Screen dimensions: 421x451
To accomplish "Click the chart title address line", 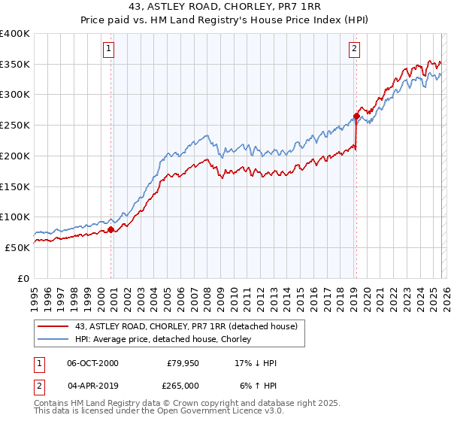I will click(225, 6).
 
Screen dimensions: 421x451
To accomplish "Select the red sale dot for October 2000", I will click(110, 229).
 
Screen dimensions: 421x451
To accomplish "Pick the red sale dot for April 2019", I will click(356, 116).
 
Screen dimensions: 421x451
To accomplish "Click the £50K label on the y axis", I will click(17, 247).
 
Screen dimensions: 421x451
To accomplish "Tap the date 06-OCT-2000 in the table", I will click(92, 363).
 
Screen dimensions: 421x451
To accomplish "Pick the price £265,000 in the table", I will click(183, 385).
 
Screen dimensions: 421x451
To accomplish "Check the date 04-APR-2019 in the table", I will click(92, 385).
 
